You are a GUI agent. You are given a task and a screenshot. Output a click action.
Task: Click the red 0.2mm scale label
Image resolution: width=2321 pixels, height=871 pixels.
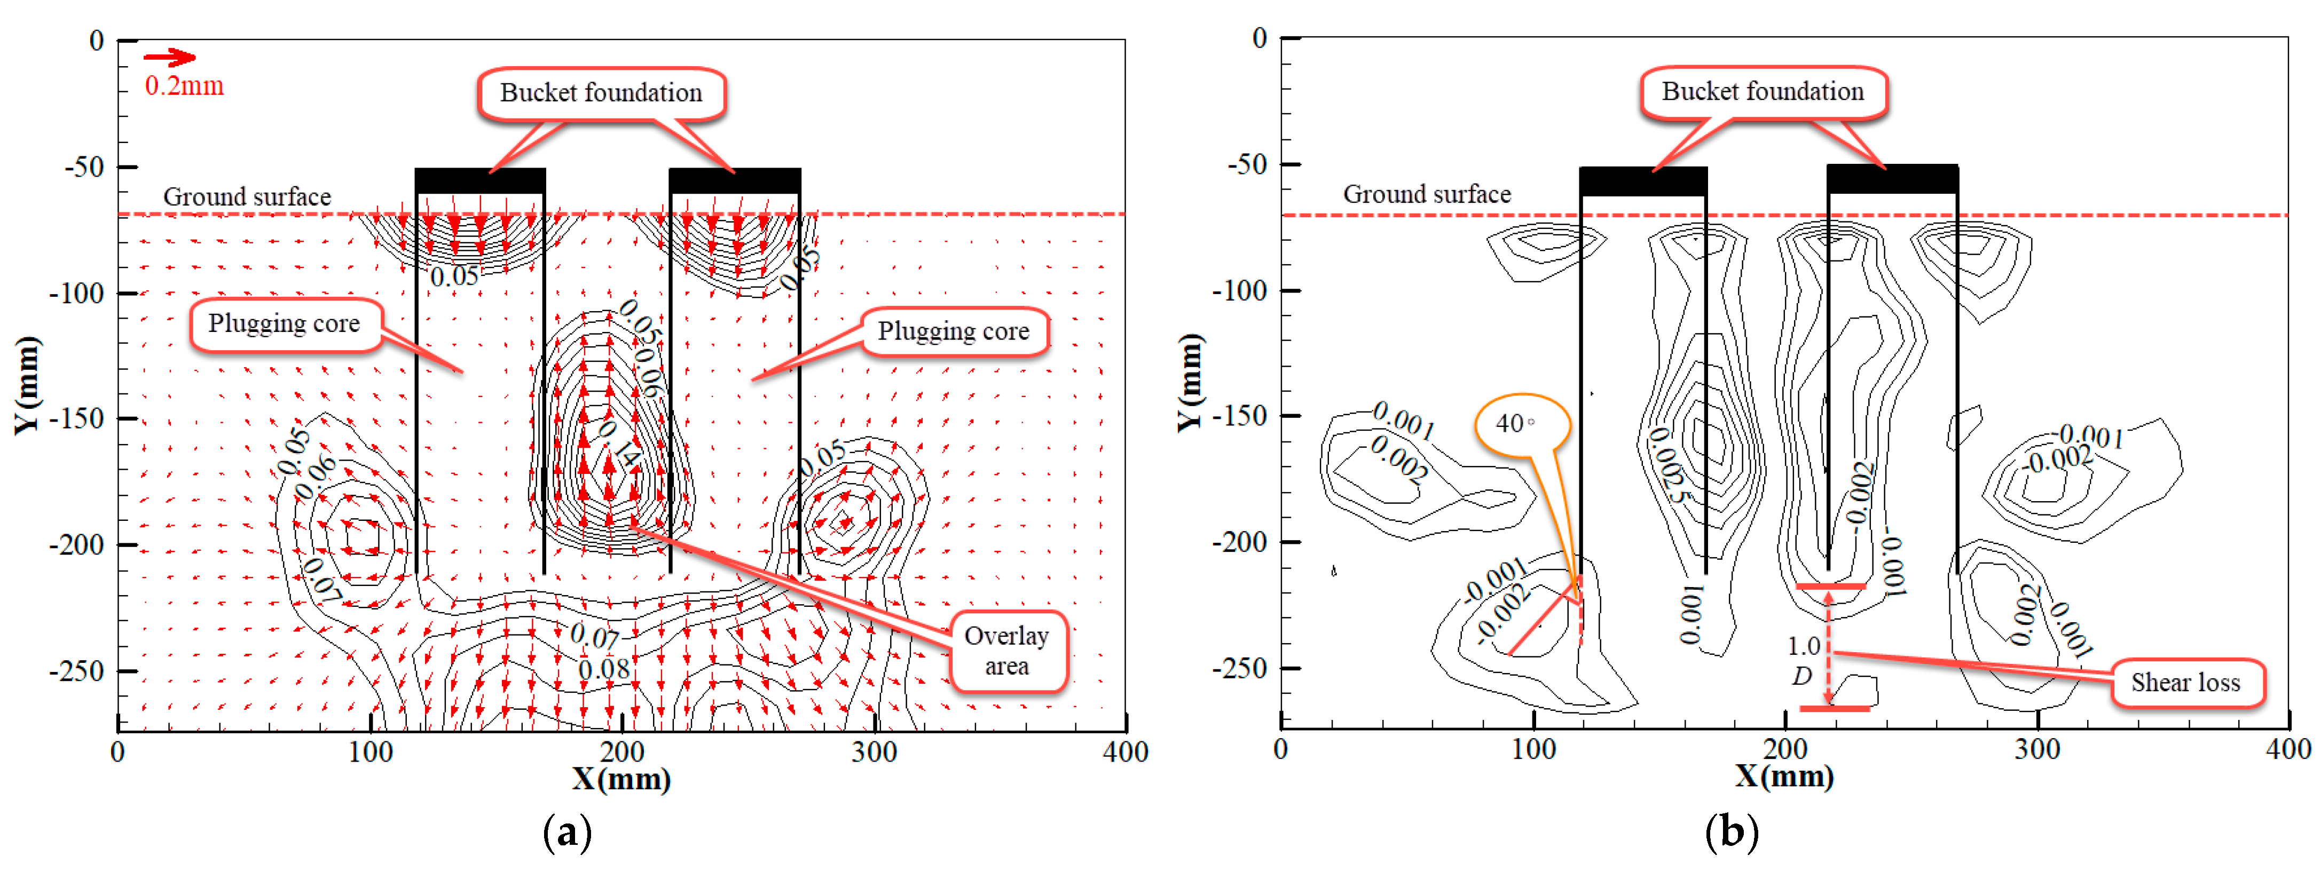pos(184,86)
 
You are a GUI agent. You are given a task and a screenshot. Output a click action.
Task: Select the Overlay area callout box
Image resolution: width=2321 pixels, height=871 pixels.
pos(1008,651)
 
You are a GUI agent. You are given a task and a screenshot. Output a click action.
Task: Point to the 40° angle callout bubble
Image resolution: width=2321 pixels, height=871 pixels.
pos(1520,423)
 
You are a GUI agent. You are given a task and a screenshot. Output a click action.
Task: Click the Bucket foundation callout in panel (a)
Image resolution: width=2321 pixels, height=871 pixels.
pos(601,93)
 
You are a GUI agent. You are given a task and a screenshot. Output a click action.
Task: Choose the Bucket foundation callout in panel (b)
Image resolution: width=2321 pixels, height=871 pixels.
pos(1763,91)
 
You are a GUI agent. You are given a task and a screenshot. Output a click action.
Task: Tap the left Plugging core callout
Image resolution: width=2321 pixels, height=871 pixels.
pos(284,323)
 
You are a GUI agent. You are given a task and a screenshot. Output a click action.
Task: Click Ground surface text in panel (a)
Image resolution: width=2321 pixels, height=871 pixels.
pos(247,196)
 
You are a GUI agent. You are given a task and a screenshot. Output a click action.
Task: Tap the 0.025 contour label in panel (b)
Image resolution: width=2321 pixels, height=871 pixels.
pos(1668,464)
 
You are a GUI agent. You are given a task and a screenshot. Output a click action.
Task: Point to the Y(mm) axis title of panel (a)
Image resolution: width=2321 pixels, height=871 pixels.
pos(27,385)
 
